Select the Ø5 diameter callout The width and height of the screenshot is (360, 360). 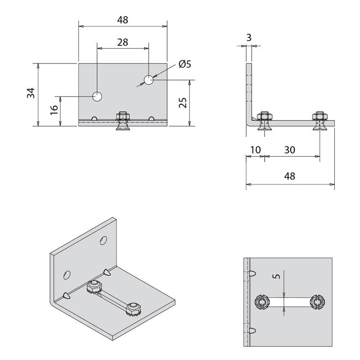click(x=184, y=64)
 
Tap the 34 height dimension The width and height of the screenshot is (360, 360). click(x=30, y=93)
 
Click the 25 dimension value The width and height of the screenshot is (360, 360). click(x=183, y=103)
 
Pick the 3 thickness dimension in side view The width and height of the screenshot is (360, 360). click(x=249, y=37)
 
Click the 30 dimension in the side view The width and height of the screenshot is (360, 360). click(x=289, y=150)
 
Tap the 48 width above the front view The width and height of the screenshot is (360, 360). click(x=122, y=20)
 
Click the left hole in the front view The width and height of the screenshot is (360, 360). click(x=97, y=96)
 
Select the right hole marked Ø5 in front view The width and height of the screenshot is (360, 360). click(x=148, y=80)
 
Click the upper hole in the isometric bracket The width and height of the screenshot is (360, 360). click(x=104, y=241)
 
